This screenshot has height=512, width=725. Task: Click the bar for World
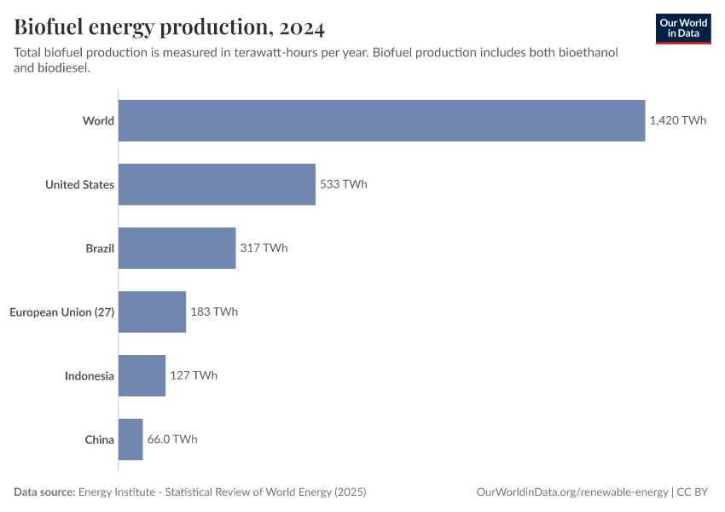[x=381, y=120]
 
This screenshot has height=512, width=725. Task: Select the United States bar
[x=217, y=184]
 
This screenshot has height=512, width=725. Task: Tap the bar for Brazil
[x=177, y=248]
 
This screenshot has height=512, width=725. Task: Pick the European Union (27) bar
[x=152, y=311]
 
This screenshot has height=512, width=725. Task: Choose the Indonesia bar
[x=142, y=375]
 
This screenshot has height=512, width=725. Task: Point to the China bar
[x=130, y=439]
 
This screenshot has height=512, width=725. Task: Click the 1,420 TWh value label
[x=678, y=120]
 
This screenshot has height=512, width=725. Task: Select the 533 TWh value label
[x=344, y=184]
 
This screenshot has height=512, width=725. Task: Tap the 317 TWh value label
[x=264, y=248]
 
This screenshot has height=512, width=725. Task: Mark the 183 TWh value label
[x=214, y=311]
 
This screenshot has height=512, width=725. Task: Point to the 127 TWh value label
[x=194, y=375]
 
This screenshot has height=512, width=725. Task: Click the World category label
[x=98, y=120]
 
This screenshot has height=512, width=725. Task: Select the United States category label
[x=79, y=184]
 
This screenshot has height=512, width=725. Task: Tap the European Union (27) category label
[x=61, y=311]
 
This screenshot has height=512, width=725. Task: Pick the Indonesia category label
[x=89, y=375]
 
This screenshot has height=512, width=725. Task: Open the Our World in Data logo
[x=683, y=28]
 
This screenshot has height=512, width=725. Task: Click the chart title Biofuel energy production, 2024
[x=169, y=27]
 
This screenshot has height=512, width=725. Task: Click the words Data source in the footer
[x=43, y=492]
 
